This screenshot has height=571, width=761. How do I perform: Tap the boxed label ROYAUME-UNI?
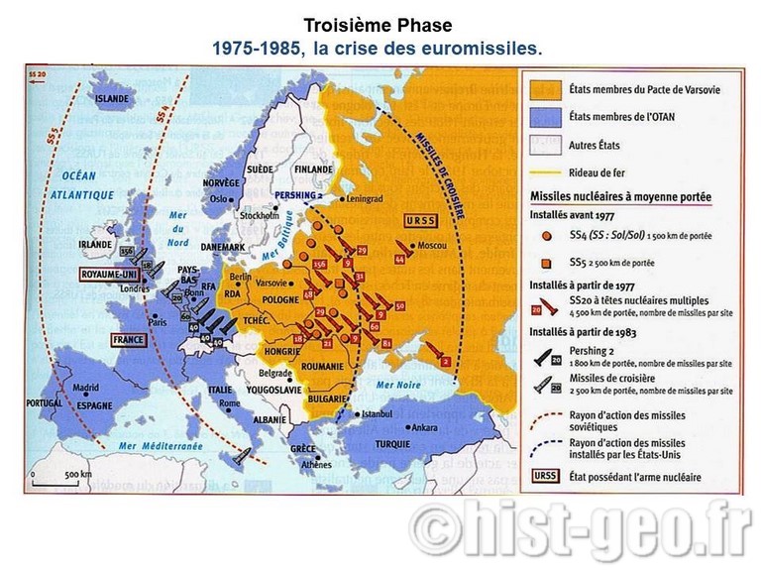pos(110,274)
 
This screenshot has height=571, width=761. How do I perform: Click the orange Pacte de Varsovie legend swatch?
pos(547,89)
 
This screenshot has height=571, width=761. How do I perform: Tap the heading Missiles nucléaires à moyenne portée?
pos(620,197)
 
